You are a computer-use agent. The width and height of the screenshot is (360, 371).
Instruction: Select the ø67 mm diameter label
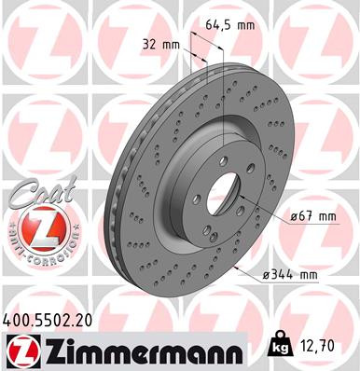pyautogui.click(x=312, y=215)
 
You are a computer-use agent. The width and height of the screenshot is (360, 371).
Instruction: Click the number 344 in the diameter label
pyautogui.click(x=290, y=273)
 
